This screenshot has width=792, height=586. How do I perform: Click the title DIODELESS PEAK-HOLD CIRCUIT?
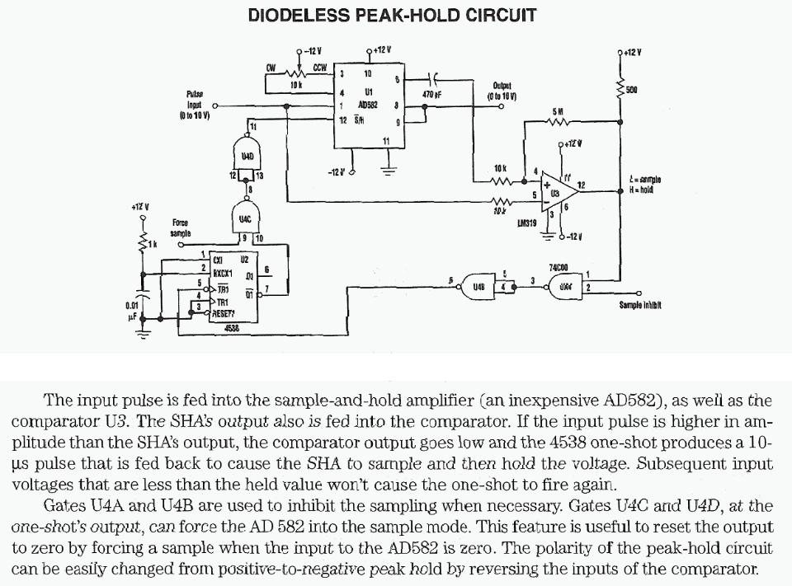[x=392, y=15]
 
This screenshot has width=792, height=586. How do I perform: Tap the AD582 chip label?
[x=368, y=105]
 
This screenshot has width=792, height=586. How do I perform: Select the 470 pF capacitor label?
[x=433, y=95]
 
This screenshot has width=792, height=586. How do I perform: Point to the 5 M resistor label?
[x=558, y=110]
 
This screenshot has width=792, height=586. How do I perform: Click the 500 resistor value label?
[x=632, y=89]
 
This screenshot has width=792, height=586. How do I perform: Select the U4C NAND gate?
[x=246, y=218]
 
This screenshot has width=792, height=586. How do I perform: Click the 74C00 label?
[x=559, y=267]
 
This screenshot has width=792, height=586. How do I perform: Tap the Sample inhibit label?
[x=640, y=305]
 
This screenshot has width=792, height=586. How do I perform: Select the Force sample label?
[x=180, y=227]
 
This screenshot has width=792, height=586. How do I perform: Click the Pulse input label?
[x=196, y=105]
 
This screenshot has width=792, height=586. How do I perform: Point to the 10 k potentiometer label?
[x=293, y=85]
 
